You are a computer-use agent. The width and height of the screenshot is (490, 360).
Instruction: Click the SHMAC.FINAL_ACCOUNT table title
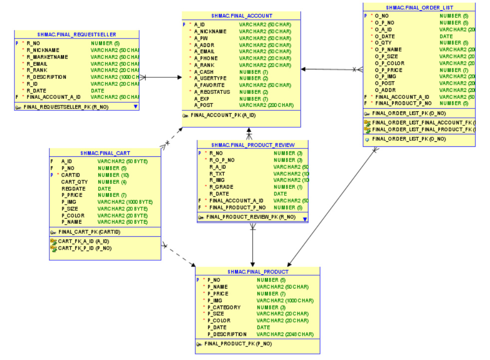point(242,16)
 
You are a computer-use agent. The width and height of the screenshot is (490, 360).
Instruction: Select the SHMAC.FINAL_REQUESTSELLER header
point(77,34)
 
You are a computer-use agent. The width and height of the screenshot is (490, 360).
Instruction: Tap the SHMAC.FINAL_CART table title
point(105,153)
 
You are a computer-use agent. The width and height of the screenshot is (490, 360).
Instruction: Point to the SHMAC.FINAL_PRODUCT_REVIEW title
point(252,145)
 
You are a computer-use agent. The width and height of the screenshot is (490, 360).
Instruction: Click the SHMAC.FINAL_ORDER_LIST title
point(419,7)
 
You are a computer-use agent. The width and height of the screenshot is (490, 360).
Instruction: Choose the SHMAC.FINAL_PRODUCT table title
point(257,272)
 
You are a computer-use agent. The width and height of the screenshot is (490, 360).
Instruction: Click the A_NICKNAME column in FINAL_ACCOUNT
point(210,31)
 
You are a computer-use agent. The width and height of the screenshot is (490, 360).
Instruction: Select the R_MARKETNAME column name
point(47,57)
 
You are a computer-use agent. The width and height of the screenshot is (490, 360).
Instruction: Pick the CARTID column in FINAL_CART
point(70,175)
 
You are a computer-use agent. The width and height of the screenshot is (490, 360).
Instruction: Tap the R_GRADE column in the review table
point(221,187)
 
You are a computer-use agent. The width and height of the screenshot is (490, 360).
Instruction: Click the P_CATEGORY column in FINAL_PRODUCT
point(224,307)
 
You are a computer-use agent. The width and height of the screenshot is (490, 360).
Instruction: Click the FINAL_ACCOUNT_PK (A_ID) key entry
point(223,115)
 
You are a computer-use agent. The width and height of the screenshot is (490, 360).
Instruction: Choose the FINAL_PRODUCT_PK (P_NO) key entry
point(238,344)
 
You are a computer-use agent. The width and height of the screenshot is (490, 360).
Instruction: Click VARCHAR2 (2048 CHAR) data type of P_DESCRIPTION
point(285,334)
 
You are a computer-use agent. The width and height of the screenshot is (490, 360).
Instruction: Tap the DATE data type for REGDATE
point(104,189)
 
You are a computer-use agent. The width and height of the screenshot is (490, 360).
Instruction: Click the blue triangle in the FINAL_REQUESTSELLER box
point(135,107)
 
